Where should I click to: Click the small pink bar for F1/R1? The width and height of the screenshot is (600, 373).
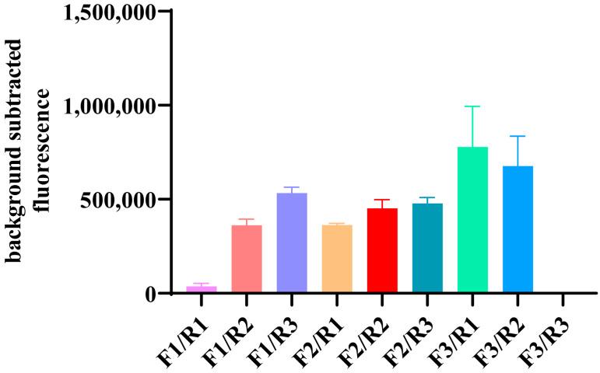point(202,289)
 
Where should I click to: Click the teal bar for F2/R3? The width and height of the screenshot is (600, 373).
point(427,248)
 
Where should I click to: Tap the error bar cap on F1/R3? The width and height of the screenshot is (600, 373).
point(292,187)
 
